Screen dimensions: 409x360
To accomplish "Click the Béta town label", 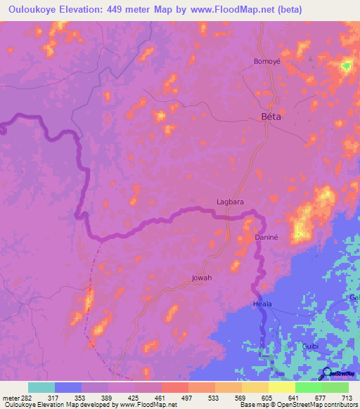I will pos(271,117).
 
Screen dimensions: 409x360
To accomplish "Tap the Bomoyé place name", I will pos(266,61).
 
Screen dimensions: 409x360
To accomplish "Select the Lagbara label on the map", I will pos(229,202).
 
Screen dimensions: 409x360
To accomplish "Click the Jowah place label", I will pos(202,278).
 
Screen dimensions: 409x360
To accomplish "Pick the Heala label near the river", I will pos(262,304).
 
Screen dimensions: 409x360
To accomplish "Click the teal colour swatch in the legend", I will pos(41,387).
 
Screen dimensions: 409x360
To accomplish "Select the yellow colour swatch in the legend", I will pos(282,387).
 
